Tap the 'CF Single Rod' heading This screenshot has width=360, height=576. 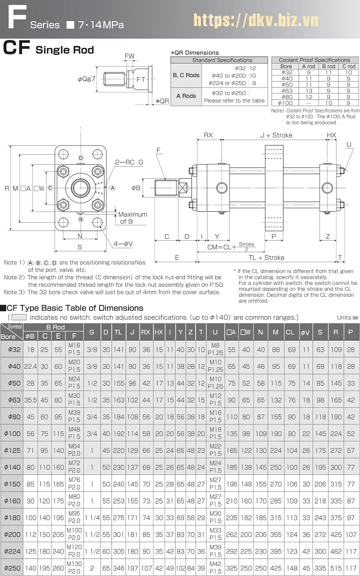[48, 49]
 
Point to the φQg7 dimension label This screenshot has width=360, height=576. [86, 79]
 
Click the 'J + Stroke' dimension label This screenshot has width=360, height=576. [276, 135]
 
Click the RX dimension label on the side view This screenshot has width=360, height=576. [208, 135]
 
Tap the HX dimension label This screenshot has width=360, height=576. [331, 135]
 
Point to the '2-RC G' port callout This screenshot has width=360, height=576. [129, 163]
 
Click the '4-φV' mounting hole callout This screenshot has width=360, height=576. [122, 245]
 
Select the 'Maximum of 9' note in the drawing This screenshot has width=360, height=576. [132, 218]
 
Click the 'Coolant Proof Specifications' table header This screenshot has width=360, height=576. [314, 60]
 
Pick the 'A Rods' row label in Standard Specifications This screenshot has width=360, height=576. [186, 96]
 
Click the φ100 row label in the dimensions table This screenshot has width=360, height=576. [11, 433]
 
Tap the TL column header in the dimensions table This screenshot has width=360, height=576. [118, 332]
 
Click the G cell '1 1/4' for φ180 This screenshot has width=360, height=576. [91, 516]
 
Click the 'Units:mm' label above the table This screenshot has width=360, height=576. [347, 317]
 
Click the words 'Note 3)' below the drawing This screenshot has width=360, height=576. [14, 292]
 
